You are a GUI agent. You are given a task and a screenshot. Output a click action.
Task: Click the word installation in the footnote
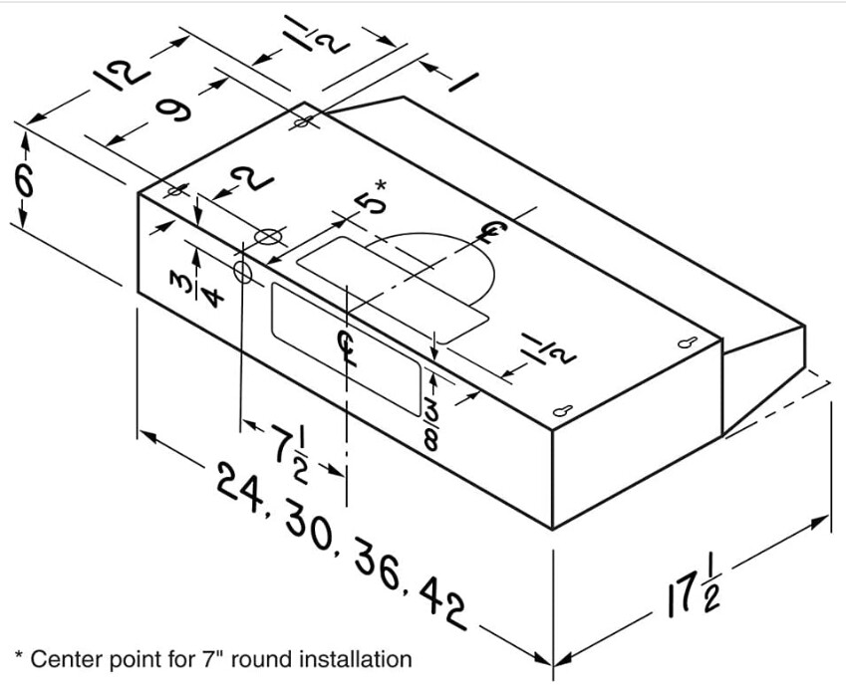[353, 658]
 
